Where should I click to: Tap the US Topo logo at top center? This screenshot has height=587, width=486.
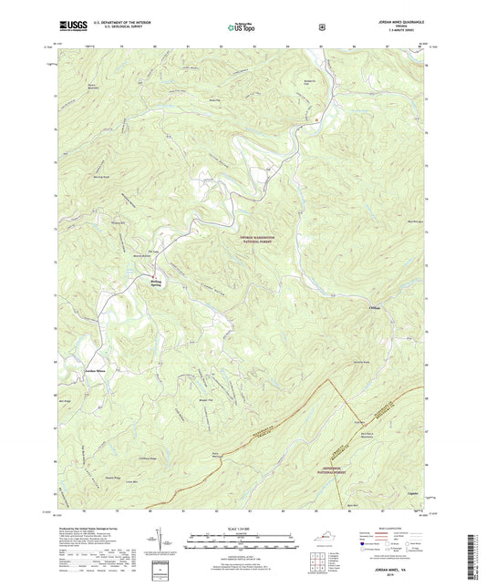pyautogui.click(x=241, y=27)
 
